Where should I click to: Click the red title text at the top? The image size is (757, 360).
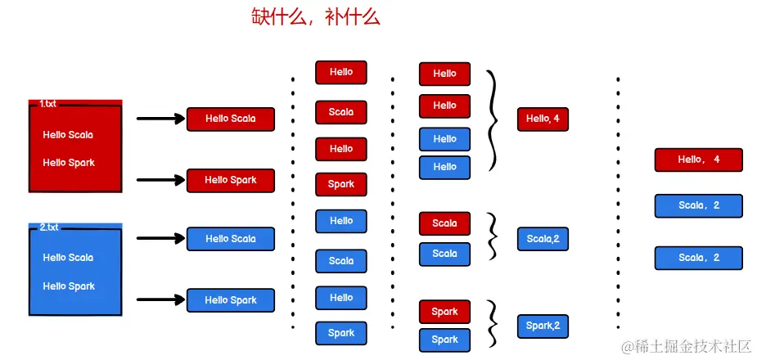[x=316, y=17]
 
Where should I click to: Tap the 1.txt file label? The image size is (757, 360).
[x=48, y=104]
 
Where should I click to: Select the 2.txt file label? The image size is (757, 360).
[x=48, y=227]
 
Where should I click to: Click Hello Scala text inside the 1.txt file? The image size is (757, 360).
[x=68, y=135]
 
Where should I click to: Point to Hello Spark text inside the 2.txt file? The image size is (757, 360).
[x=69, y=286]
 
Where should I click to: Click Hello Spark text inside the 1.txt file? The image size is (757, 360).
[x=69, y=163]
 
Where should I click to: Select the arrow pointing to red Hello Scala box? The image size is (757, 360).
[x=160, y=119]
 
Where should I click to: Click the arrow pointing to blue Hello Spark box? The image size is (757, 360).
[x=160, y=300]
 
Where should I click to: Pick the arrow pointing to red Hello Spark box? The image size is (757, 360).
[x=160, y=180]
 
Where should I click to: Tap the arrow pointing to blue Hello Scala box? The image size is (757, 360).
[x=160, y=239]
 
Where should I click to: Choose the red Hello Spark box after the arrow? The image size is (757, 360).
[x=231, y=180]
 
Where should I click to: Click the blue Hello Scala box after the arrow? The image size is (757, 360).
[x=231, y=239]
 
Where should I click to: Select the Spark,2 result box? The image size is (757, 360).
[x=543, y=326]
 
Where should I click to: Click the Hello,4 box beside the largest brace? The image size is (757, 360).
[x=543, y=119]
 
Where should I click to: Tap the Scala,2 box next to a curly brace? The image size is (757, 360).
[x=543, y=239]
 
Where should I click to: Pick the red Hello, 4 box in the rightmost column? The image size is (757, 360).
[x=698, y=160]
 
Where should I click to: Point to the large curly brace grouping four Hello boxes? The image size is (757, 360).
[x=493, y=120]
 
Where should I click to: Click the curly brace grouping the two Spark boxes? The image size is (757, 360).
[x=493, y=325]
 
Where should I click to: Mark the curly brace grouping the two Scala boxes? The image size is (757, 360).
[x=493, y=236]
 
